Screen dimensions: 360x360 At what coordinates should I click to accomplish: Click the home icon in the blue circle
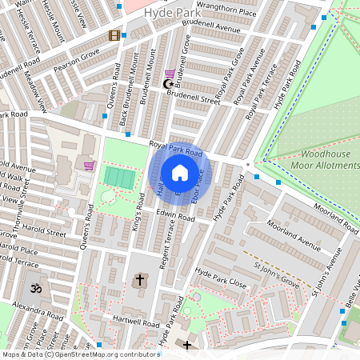click(x=180, y=173)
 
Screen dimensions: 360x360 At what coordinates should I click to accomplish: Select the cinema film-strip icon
click(x=115, y=35)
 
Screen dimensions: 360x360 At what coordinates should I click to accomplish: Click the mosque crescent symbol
click(x=168, y=84)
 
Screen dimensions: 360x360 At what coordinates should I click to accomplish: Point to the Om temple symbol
click(x=34, y=287)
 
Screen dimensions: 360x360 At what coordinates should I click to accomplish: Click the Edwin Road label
click(x=176, y=217)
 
